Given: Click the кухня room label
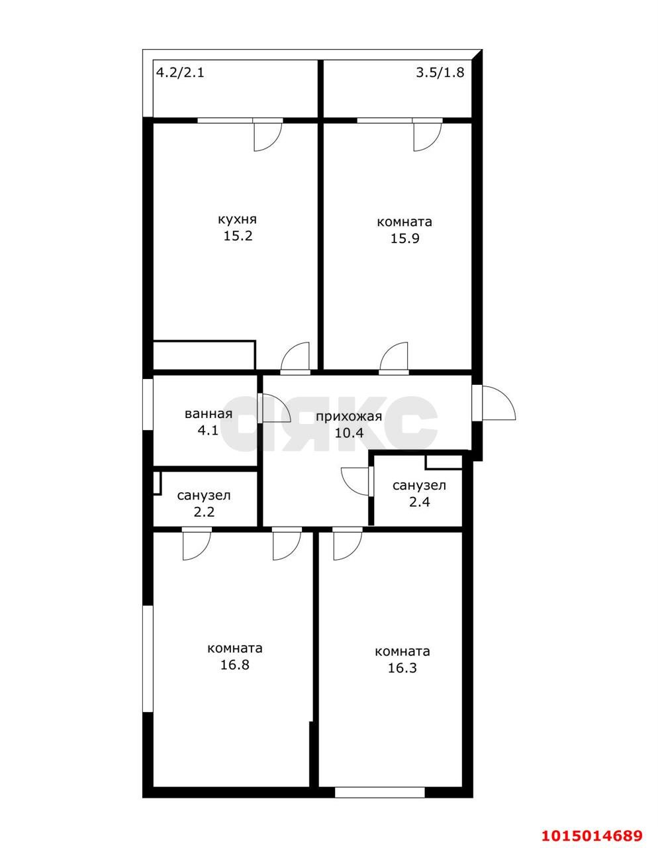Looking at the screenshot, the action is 237,220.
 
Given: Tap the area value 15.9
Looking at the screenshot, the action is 404,238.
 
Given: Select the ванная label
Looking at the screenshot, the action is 208,414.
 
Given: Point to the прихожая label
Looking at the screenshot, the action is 348,417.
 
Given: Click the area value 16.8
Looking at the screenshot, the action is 234,664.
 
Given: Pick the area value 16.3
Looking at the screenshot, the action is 402,668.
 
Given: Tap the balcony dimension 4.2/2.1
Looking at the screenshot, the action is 179,73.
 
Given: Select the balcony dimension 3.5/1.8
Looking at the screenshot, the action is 440,73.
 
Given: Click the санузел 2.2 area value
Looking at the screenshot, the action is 204,511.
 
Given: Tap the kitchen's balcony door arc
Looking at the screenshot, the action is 267,137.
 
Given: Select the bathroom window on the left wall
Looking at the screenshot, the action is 148,404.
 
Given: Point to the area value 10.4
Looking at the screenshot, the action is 350,433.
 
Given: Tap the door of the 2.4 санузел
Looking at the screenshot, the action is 355,482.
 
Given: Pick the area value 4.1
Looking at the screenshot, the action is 208,431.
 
